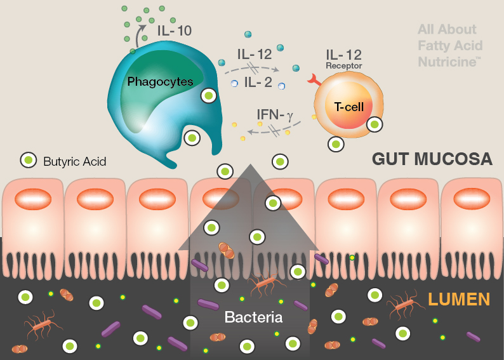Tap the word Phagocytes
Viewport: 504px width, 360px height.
[x=160, y=82]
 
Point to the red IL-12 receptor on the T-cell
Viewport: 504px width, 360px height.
[x=314, y=81]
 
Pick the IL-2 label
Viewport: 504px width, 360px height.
[x=257, y=82]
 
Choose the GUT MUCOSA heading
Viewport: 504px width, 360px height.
[x=432, y=159]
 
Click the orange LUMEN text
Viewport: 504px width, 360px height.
[x=459, y=298]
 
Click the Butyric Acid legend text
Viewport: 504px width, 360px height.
[x=74, y=161]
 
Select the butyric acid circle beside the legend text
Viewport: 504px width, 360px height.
[x=28, y=160]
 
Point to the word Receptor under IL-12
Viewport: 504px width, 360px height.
[x=343, y=66]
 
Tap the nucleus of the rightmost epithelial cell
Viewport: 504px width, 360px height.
[x=470, y=199]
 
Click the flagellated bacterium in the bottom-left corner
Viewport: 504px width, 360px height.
[x=42, y=326]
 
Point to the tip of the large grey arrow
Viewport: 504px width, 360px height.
[x=252, y=166]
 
